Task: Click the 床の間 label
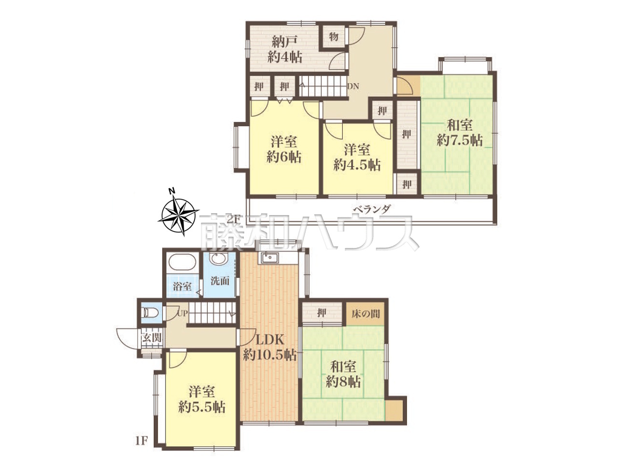click(365, 314)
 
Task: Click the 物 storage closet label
click(334, 37)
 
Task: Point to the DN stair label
click(353, 87)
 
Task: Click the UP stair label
click(182, 314)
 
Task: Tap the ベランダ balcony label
click(372, 209)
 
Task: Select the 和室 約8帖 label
click(343, 375)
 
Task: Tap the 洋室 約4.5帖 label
click(357, 158)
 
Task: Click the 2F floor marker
click(233, 219)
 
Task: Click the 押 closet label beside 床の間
click(322, 313)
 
